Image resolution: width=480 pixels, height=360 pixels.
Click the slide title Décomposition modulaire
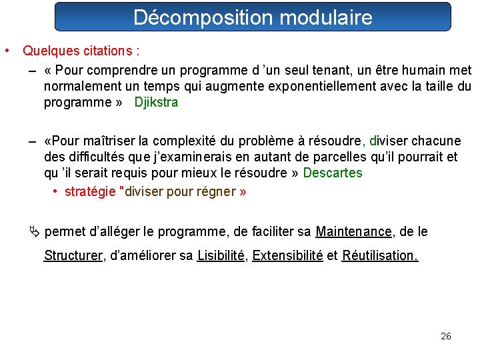coord(253,17)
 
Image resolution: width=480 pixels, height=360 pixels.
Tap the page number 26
coord(446,336)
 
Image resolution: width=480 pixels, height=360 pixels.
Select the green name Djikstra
coord(156,103)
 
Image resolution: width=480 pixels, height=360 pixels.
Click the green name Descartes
coord(333,173)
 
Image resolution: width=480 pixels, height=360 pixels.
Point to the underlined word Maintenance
coord(353,232)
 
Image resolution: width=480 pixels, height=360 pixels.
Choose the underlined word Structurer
coord(73,255)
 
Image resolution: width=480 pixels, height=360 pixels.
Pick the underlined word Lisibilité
coord(221,255)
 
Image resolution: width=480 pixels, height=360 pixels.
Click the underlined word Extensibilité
coord(287,255)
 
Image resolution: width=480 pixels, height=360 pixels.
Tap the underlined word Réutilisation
coord(380,255)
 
